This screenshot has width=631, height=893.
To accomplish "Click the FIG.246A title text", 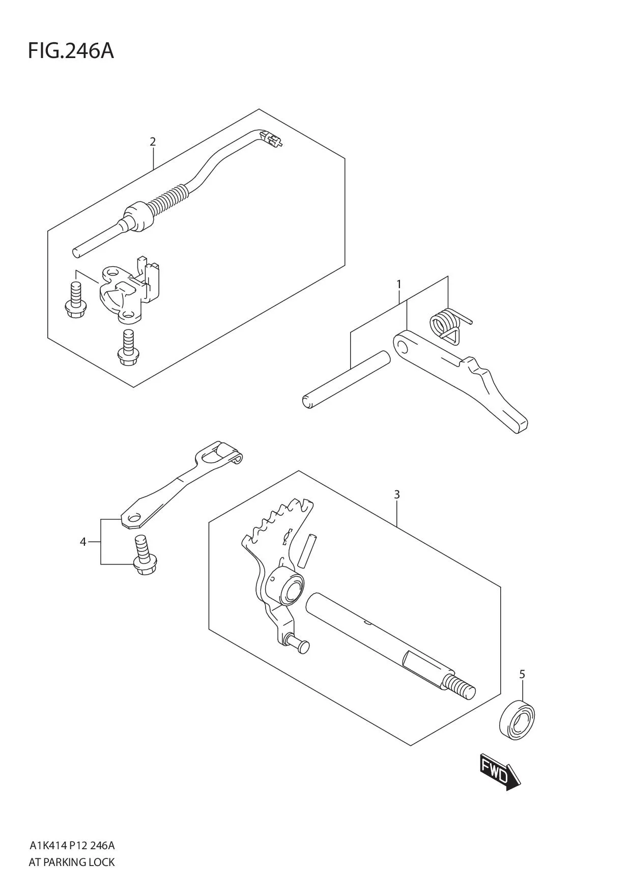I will [x=70, y=51].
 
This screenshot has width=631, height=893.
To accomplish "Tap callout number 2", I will [x=153, y=142].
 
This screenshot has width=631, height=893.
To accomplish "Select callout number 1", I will [x=399, y=284].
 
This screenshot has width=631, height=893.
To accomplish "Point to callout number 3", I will [x=397, y=494].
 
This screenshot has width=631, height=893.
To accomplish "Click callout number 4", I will [x=83, y=542].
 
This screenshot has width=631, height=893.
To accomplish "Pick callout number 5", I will [x=522, y=675].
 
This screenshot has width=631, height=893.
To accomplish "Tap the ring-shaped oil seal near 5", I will [x=517, y=720].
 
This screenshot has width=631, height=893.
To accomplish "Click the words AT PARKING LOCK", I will [x=72, y=862].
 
